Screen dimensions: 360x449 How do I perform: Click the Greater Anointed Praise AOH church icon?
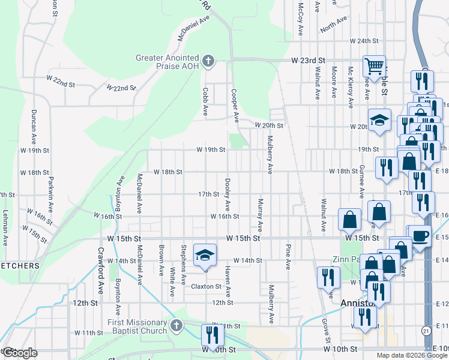208,61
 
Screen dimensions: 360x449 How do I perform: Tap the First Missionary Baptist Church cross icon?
176,326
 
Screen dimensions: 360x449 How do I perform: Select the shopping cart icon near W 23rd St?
374,67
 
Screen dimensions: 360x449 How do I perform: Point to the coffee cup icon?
420,236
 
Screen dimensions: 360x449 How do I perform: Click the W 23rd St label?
308,61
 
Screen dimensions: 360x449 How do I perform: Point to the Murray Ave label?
260,215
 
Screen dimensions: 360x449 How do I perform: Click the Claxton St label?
206,287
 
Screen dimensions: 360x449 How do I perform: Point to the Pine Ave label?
288,256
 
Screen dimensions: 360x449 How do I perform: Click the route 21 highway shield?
426,331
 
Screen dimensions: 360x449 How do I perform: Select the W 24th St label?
364,41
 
